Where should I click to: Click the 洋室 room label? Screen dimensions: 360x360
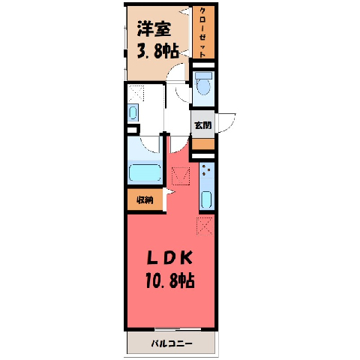(x=154, y=29)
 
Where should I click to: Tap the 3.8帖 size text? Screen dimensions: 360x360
(x=157, y=51)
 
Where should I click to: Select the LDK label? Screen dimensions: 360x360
(x=170, y=258)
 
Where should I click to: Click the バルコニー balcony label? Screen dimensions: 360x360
(x=172, y=343)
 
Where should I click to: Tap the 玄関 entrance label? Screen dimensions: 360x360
(x=203, y=125)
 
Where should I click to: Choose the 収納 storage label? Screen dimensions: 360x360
(x=145, y=200)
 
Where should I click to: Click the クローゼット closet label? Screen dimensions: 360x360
(x=203, y=32)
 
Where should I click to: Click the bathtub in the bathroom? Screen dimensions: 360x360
(x=145, y=172)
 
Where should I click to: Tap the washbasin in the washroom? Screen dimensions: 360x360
(x=133, y=112)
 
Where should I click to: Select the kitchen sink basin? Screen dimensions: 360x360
(x=206, y=199)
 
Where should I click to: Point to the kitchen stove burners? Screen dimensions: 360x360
(x=206, y=169)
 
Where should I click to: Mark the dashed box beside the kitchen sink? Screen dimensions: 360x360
(x=181, y=176)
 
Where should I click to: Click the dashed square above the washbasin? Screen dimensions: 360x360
(x=136, y=93)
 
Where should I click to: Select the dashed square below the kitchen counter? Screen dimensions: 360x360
(x=205, y=226)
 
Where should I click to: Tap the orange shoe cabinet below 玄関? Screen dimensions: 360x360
(x=203, y=144)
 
